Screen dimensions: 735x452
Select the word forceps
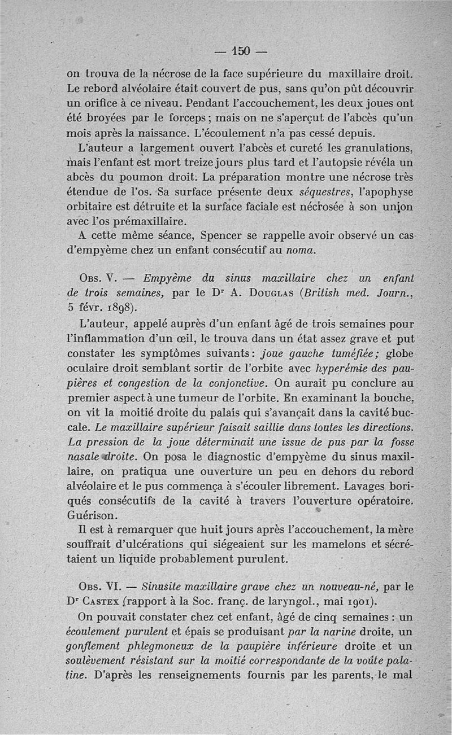click(x=162, y=119)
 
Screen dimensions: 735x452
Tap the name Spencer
click(x=212, y=235)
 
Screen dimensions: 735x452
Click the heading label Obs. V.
click(x=99, y=279)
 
